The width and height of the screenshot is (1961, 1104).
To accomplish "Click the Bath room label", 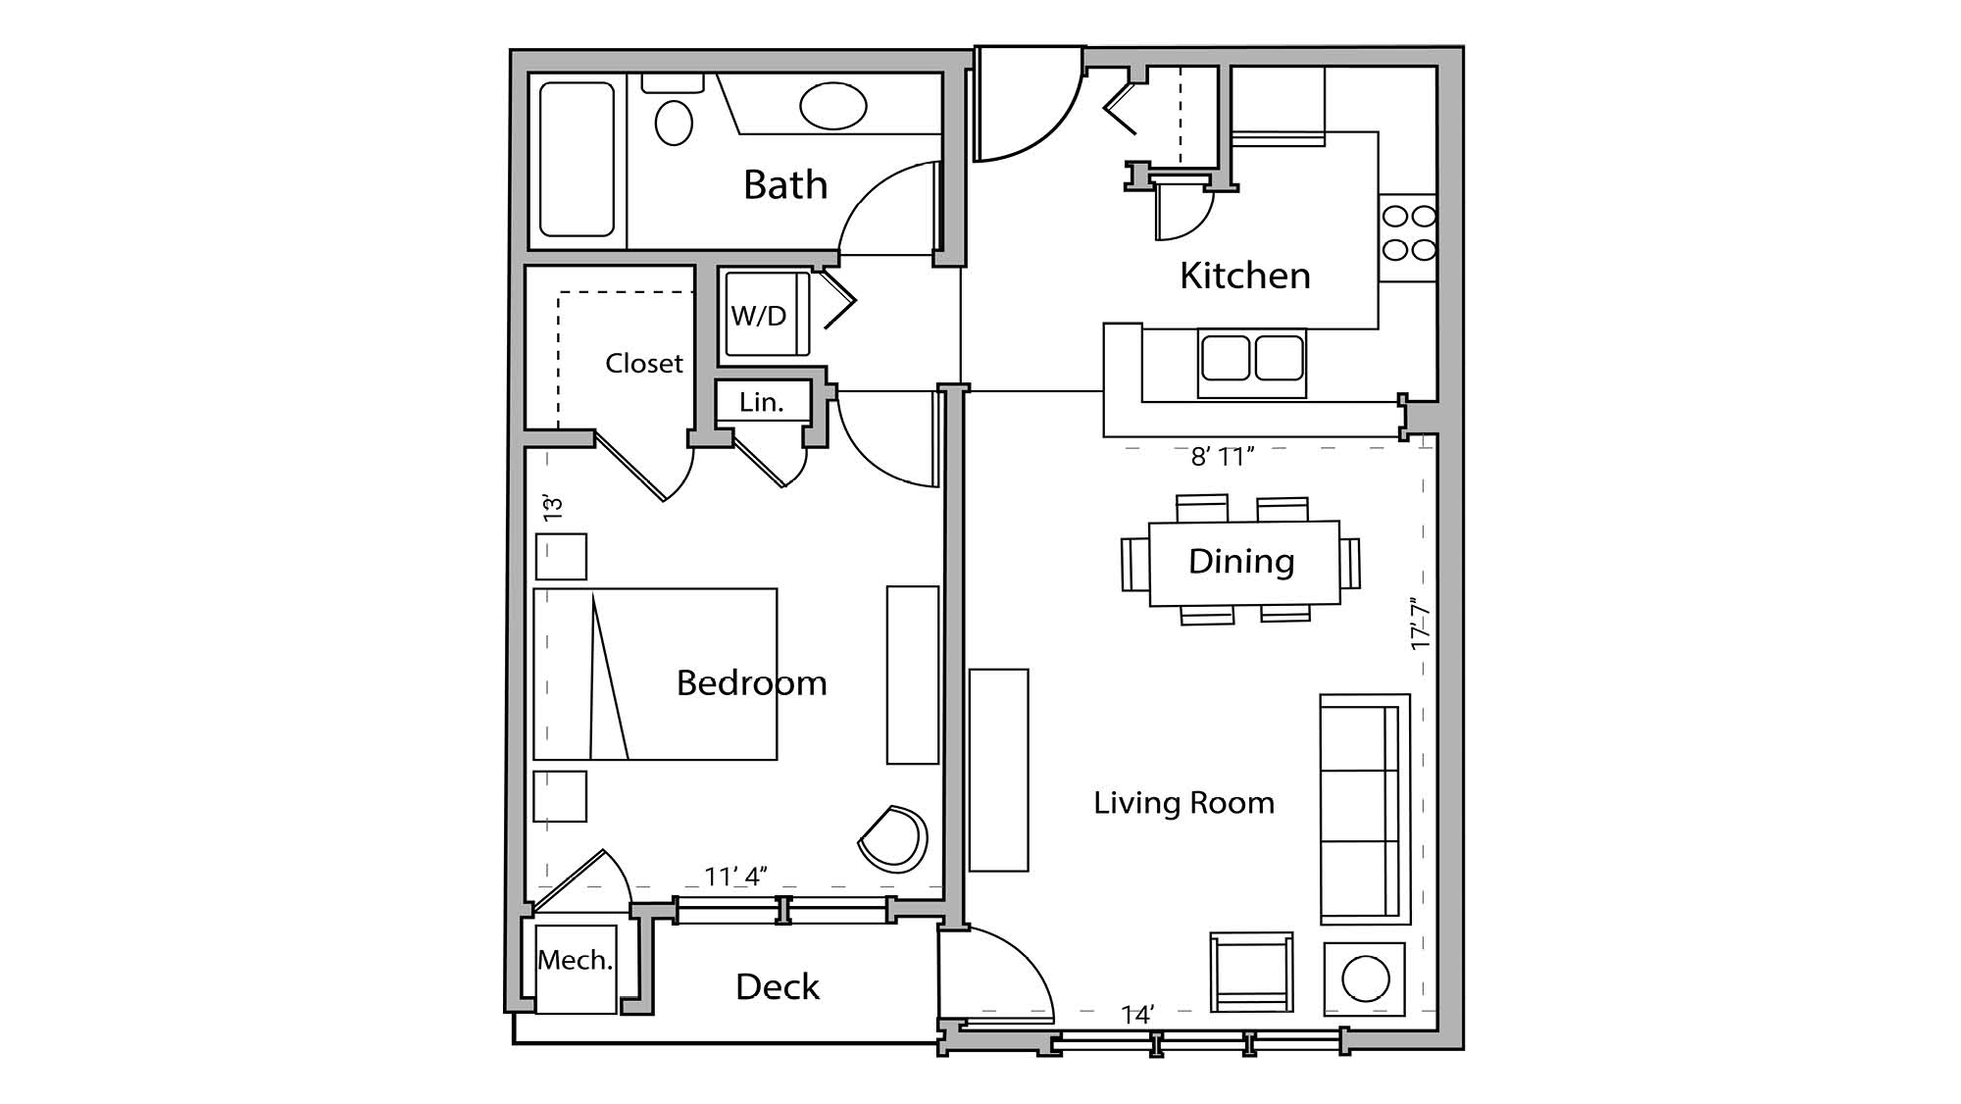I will tap(784, 185).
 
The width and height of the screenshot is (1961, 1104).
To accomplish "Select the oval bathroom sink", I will tap(832, 106).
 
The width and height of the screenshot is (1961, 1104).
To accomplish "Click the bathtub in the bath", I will tap(577, 159).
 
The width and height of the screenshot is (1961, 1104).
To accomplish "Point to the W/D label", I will tap(759, 316).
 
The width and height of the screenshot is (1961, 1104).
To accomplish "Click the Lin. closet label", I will tap(762, 402).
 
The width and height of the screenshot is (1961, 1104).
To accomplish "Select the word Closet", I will tap(643, 364).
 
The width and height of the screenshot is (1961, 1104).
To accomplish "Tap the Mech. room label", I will tap(575, 960).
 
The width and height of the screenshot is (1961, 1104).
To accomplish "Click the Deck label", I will tap(777, 986).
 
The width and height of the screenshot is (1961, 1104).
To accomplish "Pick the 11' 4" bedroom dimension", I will tap(735, 876).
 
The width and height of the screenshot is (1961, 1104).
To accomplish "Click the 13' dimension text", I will tap(553, 508).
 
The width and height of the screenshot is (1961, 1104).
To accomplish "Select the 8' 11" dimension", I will tap(1222, 457).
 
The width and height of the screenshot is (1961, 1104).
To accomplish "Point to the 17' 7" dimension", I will tap(1421, 625).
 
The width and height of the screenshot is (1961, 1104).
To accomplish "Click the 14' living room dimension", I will tap(1137, 1015).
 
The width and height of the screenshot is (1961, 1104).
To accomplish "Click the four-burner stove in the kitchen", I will tap(1408, 233).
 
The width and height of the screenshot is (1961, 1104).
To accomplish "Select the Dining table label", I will tap(1241, 562).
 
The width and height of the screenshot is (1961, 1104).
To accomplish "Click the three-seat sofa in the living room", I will tap(1363, 809).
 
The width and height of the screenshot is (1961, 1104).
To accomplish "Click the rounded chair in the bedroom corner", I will tap(894, 840).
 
